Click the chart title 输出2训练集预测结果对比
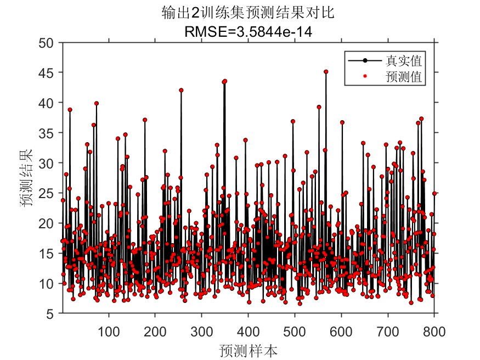point(248,12)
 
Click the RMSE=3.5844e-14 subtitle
point(248,31)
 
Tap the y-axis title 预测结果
point(26,177)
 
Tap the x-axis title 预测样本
point(247,350)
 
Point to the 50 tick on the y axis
point(48,42)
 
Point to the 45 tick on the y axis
point(48,72)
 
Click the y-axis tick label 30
point(48,163)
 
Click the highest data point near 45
point(326,72)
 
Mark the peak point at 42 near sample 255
point(181,90)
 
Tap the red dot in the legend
point(365,77)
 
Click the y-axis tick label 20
point(48,223)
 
